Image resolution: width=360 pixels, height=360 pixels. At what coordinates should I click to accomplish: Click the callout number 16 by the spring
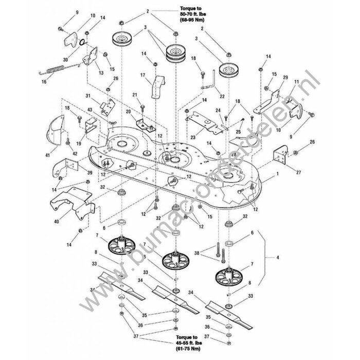point(44,81)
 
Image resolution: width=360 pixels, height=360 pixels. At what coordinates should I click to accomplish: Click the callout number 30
point(65,59)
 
